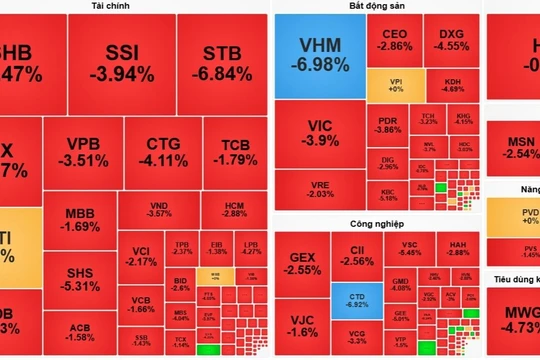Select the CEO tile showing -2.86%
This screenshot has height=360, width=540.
pos(396,40)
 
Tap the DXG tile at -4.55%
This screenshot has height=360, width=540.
pos(451,40)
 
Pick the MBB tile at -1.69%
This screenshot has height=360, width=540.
pos(81,219)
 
